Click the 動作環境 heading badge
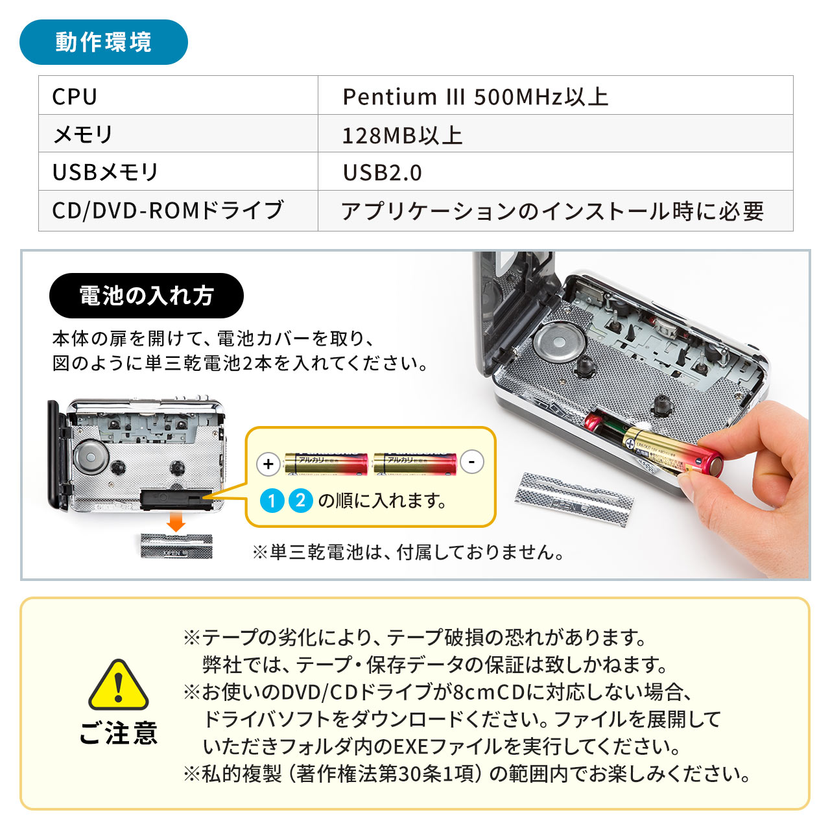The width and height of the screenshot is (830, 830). [x=104, y=42]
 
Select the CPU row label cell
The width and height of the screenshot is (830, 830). [x=178, y=96]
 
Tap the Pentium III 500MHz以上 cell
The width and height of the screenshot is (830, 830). [x=555, y=96]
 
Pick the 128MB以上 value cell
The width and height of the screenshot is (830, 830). [x=555, y=134]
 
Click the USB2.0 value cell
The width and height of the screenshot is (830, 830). [x=555, y=172]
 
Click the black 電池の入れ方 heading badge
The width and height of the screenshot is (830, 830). [x=147, y=296]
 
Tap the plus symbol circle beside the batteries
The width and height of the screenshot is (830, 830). [x=268, y=464]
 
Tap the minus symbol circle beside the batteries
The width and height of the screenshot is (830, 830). [x=472, y=462]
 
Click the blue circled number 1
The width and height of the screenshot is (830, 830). [x=272, y=501]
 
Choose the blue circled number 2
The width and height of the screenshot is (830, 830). [x=300, y=501]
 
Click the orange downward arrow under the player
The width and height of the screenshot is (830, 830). [x=176, y=521]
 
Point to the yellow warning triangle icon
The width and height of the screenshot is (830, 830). [x=119, y=686]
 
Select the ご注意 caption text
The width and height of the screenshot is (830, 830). [x=119, y=733]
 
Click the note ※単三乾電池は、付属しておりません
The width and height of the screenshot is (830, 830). [x=409, y=552]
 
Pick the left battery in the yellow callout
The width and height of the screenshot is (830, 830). [x=326, y=463]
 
